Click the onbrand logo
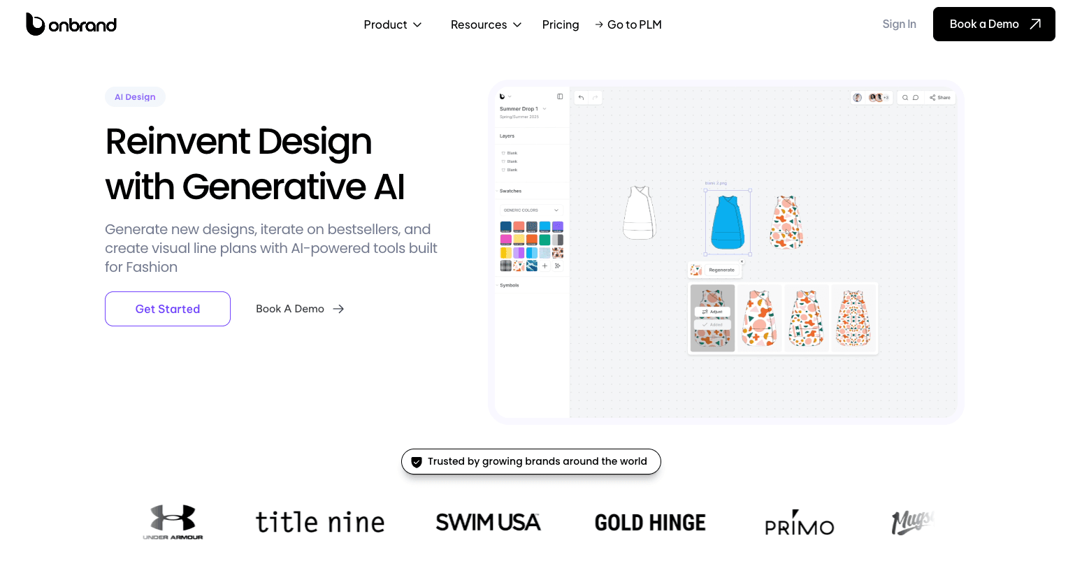[x=71, y=24]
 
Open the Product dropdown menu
[x=392, y=24]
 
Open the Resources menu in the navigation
[x=486, y=24]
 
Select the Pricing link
[x=561, y=24]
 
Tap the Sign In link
[x=899, y=24]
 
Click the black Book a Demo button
[x=993, y=24]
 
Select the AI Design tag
[x=135, y=97]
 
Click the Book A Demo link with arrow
[x=300, y=309]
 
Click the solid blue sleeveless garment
[x=728, y=222]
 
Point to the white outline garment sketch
[x=640, y=212]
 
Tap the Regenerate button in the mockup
[x=721, y=270]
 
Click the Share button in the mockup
[x=940, y=98]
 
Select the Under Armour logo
[x=173, y=522]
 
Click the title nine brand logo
[x=320, y=522]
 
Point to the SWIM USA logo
[x=488, y=522]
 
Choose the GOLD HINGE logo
[x=650, y=523]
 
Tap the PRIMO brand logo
[x=800, y=523]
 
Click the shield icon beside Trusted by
[x=417, y=462]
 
